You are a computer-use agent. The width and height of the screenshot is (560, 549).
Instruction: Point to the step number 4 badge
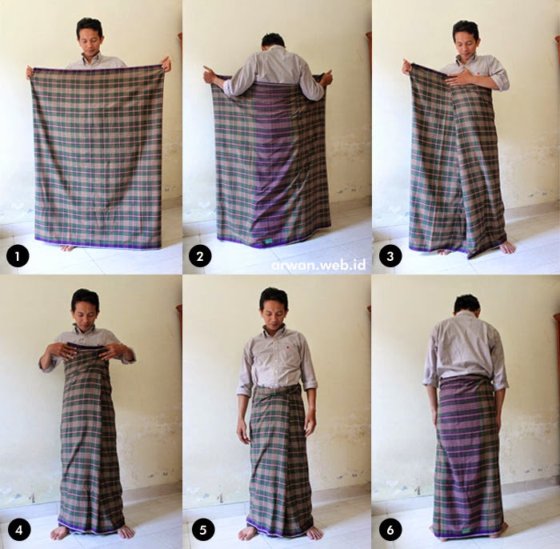[16, 529]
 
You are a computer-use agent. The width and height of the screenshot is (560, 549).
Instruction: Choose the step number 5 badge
[201, 529]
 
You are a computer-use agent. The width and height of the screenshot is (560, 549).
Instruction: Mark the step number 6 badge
[390, 529]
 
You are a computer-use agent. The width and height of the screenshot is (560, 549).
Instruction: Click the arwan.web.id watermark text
[318, 262]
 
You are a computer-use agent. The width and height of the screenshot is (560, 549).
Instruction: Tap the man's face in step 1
[89, 38]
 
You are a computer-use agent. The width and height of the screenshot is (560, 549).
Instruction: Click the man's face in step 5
[273, 309]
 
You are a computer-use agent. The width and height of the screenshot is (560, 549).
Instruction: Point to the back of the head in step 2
[273, 42]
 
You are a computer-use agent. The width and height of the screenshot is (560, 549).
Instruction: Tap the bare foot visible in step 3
[506, 247]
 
